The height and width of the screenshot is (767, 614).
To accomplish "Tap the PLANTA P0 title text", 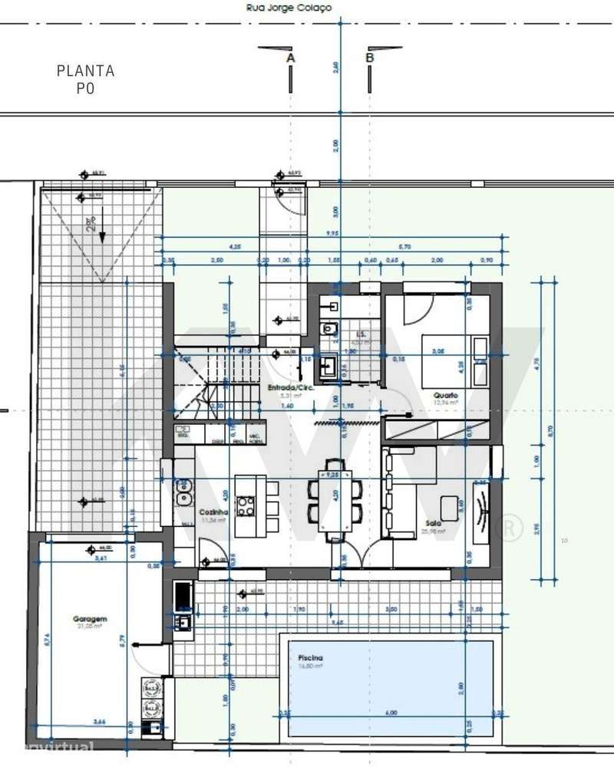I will click(x=86, y=79).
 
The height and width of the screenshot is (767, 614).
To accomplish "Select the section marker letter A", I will click(x=290, y=58).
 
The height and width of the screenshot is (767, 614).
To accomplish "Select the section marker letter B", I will click(x=369, y=58).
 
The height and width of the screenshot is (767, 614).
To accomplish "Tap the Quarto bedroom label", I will click(x=445, y=395).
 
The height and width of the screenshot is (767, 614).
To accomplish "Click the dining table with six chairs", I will click(x=335, y=500).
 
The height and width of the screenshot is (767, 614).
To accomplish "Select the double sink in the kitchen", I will click(x=183, y=492).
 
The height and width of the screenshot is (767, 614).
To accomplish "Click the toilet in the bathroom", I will click(x=328, y=330).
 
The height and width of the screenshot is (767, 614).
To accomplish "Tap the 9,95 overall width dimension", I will click(x=332, y=233).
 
